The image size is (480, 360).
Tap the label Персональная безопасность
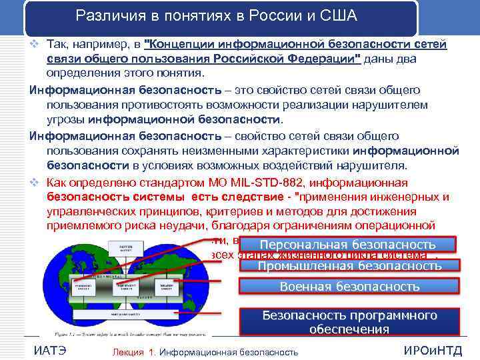pyautogui.click(x=349, y=245)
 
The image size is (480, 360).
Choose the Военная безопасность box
pyautogui.click(x=349, y=287)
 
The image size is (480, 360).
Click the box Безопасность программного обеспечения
pyautogui.click(x=349, y=322)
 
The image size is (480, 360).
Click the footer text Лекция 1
pyautogui.click(x=134, y=351)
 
